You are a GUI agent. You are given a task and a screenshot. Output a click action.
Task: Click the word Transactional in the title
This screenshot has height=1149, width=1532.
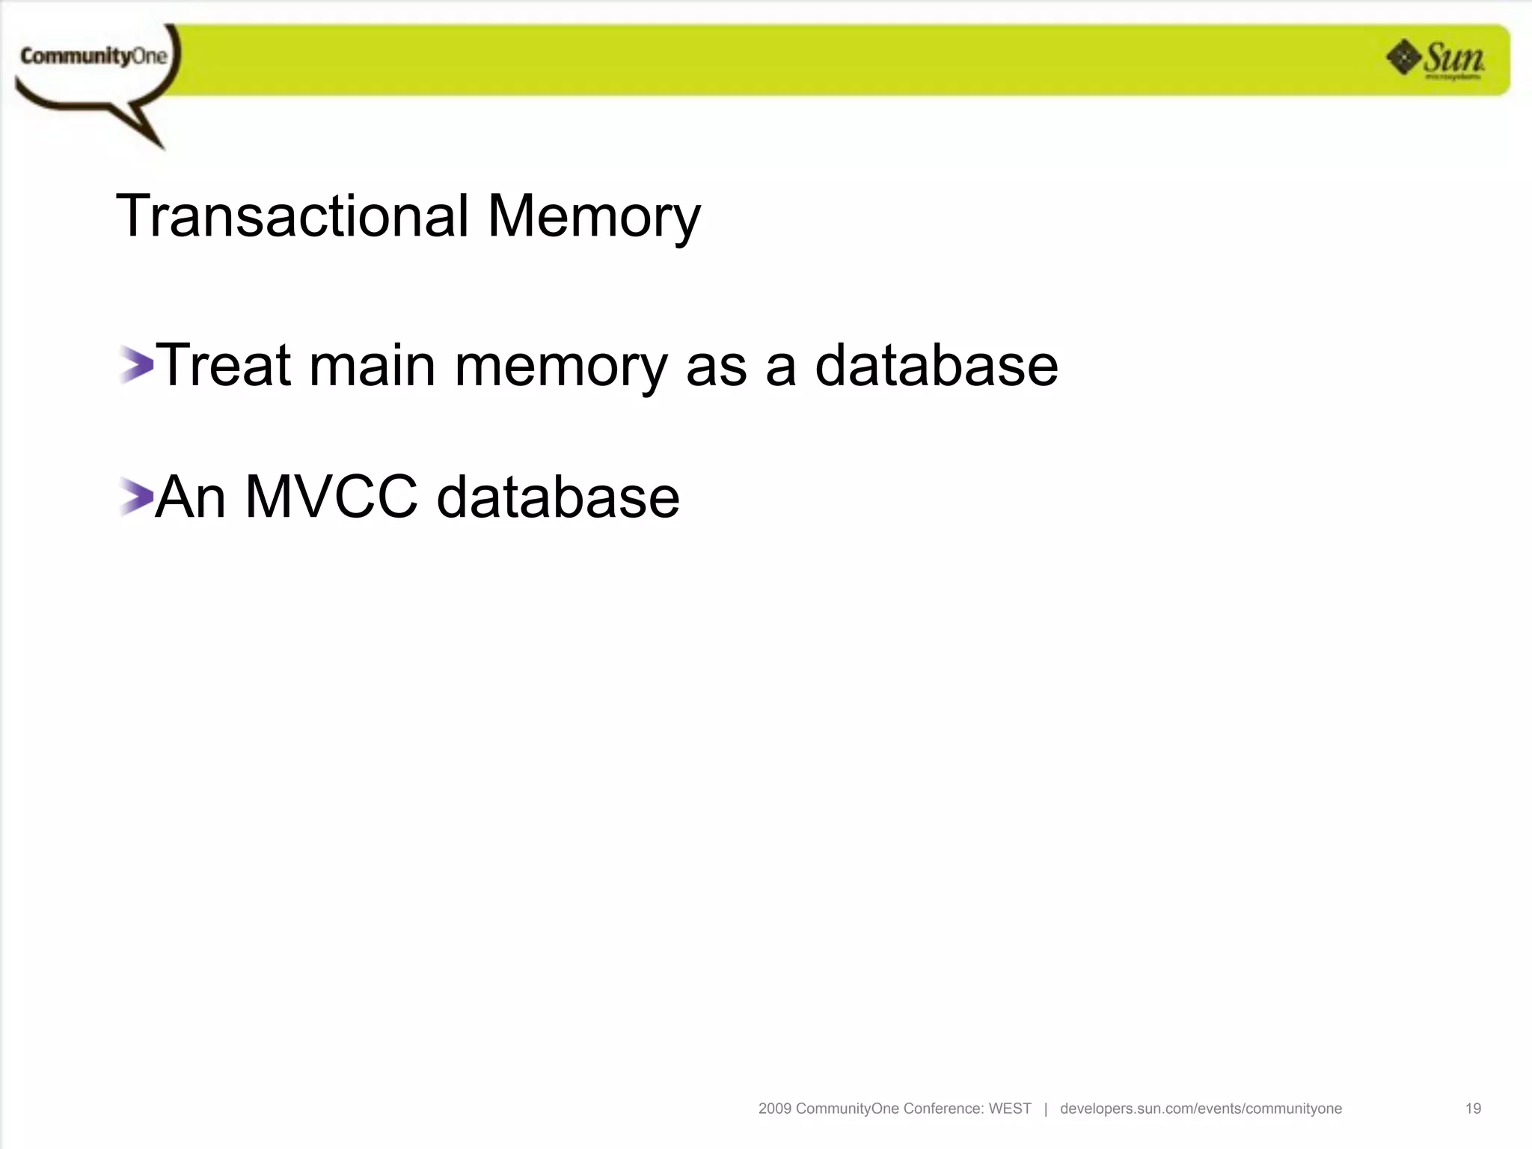[292, 216]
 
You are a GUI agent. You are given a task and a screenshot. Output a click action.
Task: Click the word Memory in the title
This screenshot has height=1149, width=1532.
[594, 218]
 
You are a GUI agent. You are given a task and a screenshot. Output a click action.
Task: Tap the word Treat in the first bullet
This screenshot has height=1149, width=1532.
[222, 365]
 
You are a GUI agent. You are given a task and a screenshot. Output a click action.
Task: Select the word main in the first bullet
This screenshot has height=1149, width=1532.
[372, 366]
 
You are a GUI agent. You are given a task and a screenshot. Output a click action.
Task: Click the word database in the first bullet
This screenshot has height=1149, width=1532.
[936, 365]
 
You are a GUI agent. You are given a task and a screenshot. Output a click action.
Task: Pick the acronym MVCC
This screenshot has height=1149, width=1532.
[331, 497]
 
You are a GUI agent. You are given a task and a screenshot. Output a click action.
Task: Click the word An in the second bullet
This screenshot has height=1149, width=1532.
[191, 497]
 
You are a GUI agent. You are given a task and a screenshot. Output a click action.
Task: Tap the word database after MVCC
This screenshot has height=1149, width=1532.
[558, 497]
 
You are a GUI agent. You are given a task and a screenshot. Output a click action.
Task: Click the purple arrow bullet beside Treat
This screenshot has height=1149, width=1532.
[135, 365]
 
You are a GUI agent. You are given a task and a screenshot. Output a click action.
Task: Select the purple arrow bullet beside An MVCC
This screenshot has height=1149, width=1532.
[135, 497]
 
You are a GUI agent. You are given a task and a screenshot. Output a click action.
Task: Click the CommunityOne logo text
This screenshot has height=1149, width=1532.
[94, 56]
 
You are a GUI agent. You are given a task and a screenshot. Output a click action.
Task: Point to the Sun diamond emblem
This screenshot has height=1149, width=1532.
[1403, 58]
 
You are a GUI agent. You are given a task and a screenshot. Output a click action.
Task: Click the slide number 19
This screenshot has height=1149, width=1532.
[1473, 1109]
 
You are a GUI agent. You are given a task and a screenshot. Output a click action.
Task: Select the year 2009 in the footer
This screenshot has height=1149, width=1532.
[774, 1109]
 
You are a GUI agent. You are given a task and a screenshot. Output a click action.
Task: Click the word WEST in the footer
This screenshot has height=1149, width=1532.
[1010, 1109]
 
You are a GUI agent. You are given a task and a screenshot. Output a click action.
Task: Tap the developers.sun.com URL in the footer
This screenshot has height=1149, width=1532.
[1201, 1109]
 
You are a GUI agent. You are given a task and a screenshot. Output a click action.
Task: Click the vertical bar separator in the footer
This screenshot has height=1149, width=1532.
[1046, 1109]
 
